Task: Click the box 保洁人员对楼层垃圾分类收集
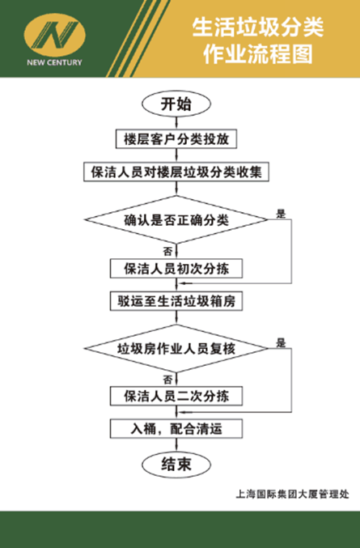click(x=176, y=172)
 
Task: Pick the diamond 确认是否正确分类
click(x=176, y=219)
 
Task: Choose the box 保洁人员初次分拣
click(x=176, y=268)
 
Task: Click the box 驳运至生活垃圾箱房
click(x=176, y=301)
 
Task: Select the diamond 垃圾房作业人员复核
click(x=176, y=349)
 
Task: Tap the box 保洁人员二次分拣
click(x=176, y=396)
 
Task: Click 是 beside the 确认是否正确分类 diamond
click(x=281, y=214)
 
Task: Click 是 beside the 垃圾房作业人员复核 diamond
click(x=281, y=343)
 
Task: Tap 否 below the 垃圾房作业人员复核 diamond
click(x=167, y=378)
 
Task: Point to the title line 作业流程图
click(x=257, y=55)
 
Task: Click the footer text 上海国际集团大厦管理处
click(x=291, y=493)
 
